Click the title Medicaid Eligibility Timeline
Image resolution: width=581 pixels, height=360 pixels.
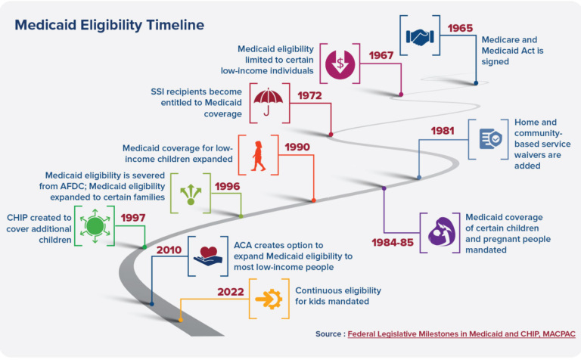coord(109,25)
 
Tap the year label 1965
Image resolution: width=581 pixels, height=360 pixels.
coord(460,28)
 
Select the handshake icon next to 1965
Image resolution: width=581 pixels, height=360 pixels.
coord(418,36)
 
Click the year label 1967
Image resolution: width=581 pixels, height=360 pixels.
coord(383,56)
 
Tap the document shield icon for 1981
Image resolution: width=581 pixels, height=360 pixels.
coord(490,139)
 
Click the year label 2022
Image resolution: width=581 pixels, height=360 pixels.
coord(231,291)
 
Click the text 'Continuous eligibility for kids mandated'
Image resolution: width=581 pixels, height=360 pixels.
coord(337,296)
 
